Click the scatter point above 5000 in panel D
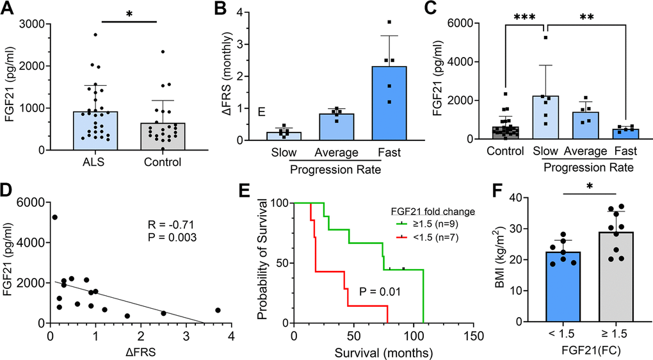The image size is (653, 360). click(x=55, y=217)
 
